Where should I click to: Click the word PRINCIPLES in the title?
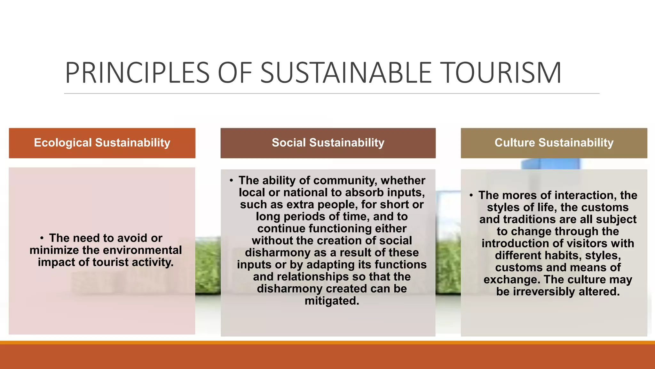coord(137,73)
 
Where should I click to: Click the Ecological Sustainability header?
coord(102,143)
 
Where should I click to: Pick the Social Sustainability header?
coord(328,143)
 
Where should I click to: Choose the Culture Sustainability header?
coord(554,143)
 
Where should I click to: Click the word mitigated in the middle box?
coord(332,301)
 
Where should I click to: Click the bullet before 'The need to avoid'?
coord(42,238)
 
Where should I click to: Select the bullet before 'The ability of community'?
coord(231,181)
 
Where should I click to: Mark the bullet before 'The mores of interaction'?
coord(471,195)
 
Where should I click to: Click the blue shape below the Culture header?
coord(550,164)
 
